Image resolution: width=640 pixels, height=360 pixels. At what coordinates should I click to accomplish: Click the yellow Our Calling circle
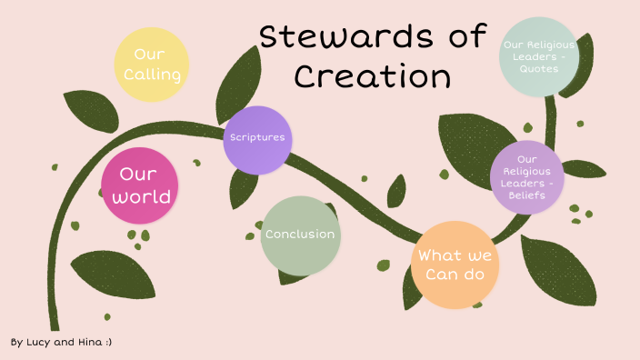(152, 64)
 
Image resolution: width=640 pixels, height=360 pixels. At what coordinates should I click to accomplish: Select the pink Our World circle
(138, 185)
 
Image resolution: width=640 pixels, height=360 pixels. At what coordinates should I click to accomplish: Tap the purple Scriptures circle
(257, 138)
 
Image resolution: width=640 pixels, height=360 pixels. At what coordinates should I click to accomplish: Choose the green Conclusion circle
(300, 235)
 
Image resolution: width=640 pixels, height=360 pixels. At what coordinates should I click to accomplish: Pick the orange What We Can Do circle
(455, 264)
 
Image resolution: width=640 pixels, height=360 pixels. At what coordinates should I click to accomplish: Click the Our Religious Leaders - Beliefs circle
(527, 176)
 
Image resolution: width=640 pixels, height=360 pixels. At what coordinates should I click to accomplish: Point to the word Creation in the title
(373, 76)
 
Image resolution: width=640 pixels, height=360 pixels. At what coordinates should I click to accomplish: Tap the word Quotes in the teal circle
(539, 69)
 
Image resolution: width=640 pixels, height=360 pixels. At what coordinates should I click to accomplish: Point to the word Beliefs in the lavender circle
(527, 194)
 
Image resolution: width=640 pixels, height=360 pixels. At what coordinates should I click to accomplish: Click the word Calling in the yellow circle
(152, 74)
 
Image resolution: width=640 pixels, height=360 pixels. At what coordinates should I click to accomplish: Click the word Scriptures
(257, 138)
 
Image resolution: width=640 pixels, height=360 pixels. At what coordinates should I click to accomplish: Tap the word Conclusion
(300, 235)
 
